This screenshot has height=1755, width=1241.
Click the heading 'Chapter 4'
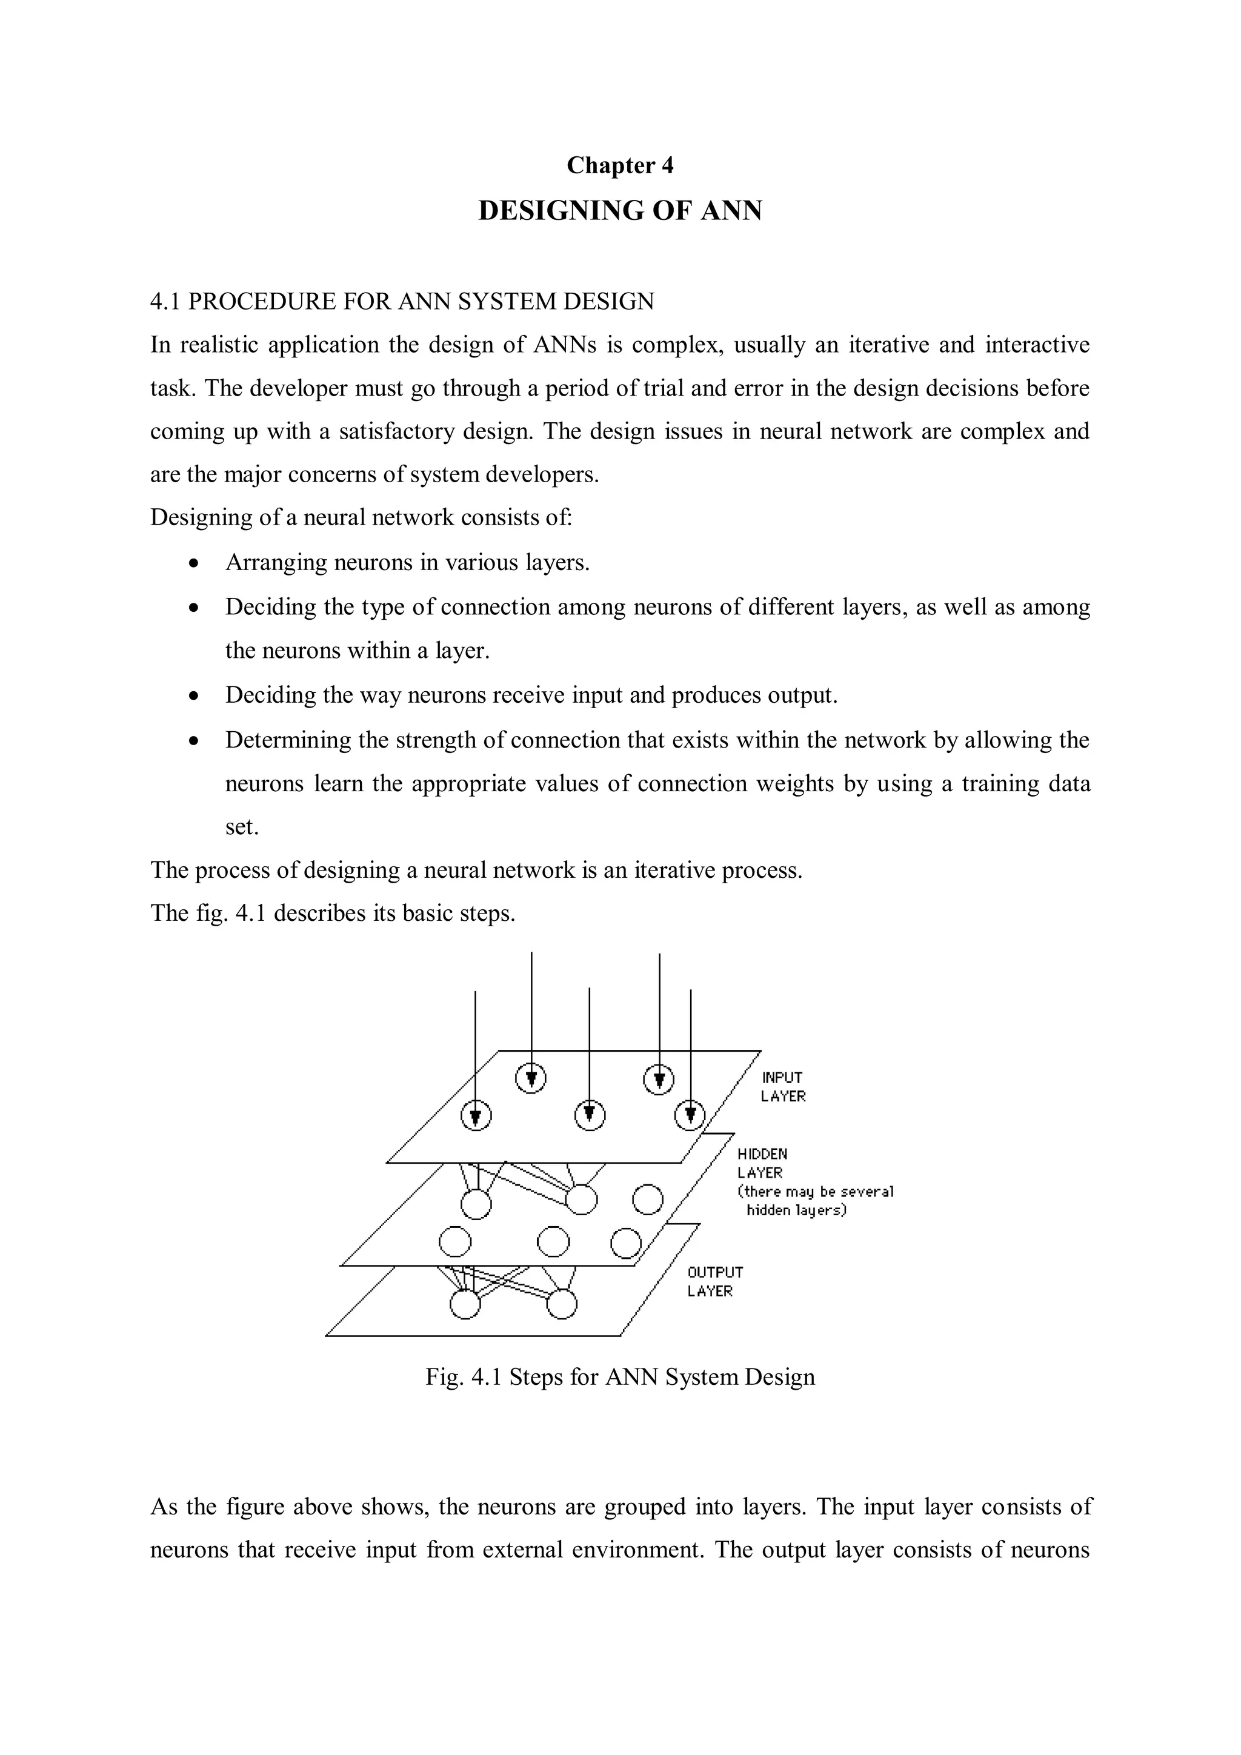[x=619, y=165]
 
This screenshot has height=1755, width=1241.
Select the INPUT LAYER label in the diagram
[x=782, y=1086]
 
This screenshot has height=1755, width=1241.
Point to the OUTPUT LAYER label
[x=714, y=1281]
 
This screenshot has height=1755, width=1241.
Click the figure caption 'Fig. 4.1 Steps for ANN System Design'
[x=619, y=1376]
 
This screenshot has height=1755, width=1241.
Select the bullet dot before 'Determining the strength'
[x=195, y=741]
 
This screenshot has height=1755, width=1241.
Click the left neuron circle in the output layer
[x=465, y=1304]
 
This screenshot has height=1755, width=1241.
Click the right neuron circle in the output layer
[x=562, y=1304]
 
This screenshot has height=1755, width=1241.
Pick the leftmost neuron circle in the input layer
[x=476, y=1116]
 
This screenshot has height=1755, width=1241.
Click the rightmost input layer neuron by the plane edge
[x=690, y=1116]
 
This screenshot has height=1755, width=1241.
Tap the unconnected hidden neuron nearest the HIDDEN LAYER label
[x=648, y=1199]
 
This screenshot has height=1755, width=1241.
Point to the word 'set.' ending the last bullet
[x=242, y=827]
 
